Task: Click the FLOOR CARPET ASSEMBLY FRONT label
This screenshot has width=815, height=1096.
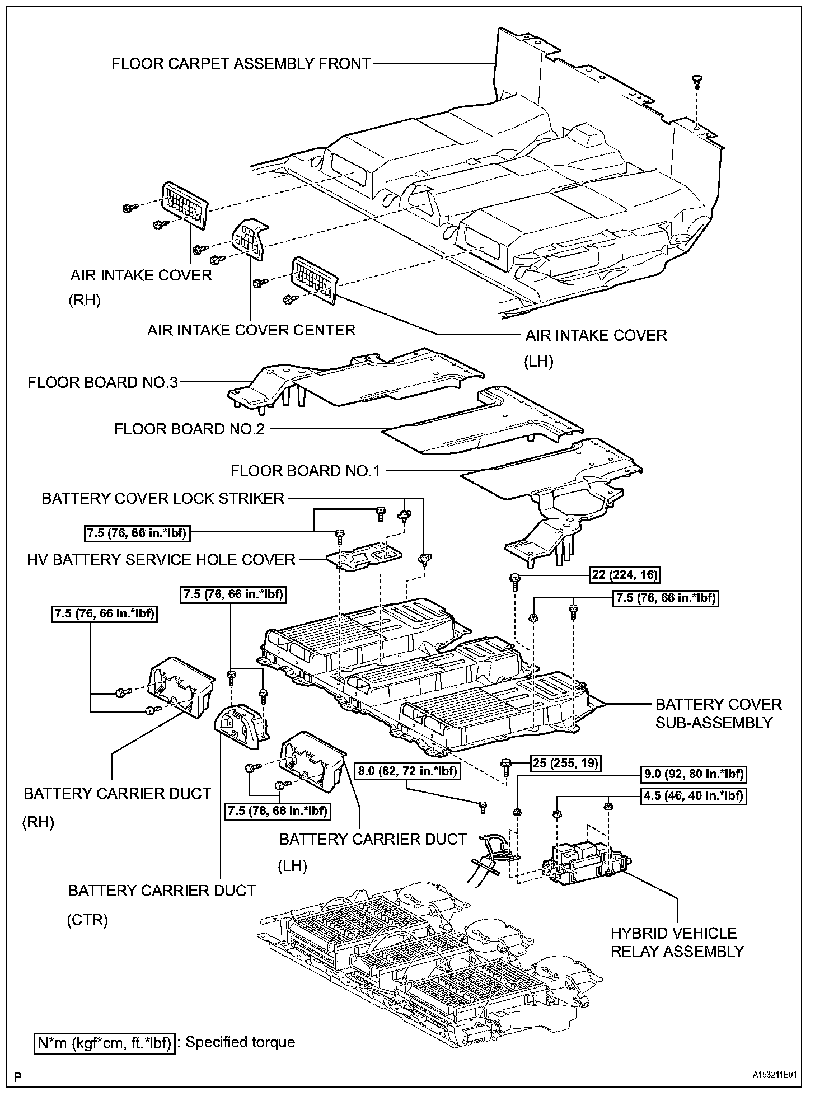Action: (241, 63)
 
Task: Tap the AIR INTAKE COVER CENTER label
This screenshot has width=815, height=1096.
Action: (251, 330)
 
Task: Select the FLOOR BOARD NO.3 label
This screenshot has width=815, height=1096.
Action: (102, 382)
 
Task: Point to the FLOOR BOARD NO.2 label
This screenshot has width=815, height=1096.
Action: (189, 429)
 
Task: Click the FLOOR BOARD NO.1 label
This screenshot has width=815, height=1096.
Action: (305, 471)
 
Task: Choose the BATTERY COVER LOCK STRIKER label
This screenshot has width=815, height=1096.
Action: (163, 498)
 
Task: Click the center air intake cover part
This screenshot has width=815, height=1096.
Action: (250, 239)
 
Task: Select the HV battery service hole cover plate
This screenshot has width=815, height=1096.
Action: (364, 559)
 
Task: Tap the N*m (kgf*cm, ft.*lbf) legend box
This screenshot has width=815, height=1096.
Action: (104, 1042)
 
